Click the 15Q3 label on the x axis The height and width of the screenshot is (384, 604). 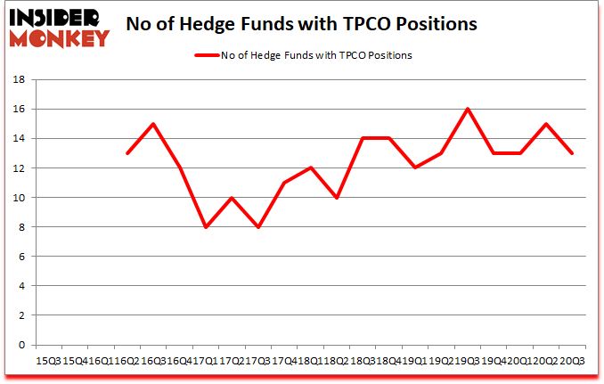47,361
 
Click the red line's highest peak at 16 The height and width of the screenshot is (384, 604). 467,109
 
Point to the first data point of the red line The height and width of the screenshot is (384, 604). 127,153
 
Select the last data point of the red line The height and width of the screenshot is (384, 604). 571,153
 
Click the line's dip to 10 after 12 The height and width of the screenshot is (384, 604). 336,198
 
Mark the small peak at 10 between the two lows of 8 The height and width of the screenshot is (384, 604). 232,198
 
